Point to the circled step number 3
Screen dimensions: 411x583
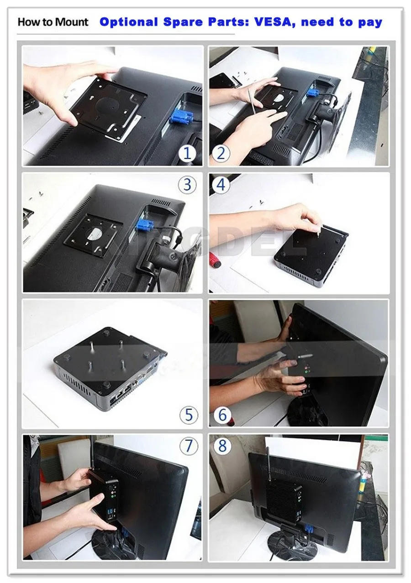point(187,185)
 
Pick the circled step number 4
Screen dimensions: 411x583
point(221,185)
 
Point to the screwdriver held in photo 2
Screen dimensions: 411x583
point(252,100)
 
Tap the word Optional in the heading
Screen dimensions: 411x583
point(129,22)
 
